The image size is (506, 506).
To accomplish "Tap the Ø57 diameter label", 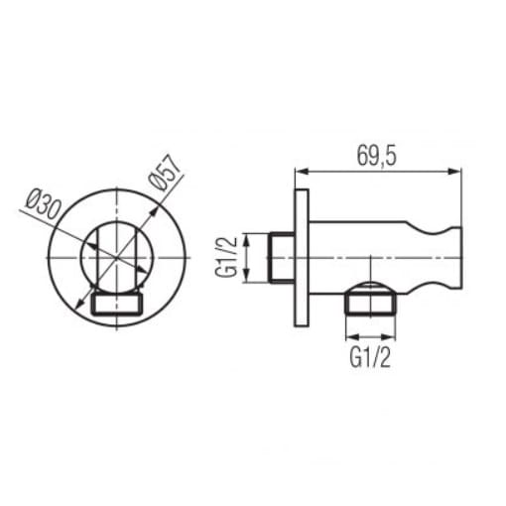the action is click(165, 175).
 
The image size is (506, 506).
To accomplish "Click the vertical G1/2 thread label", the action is click(227, 257).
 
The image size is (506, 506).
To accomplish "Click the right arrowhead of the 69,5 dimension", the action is click(454, 172).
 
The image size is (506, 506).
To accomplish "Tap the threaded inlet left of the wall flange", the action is click(281, 257).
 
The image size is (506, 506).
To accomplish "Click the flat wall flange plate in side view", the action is click(302, 258).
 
